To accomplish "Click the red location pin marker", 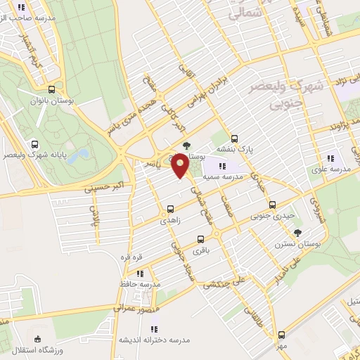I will tap(180, 165).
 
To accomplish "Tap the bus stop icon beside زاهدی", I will tap(170, 209).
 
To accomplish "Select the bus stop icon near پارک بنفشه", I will tap(234, 139).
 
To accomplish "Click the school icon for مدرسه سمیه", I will tap(222, 166).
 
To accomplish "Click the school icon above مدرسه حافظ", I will tap(140, 273).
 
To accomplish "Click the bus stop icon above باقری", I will tap(202, 238).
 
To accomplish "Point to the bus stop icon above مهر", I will tap(281, 334).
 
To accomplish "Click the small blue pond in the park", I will tap(83, 154).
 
